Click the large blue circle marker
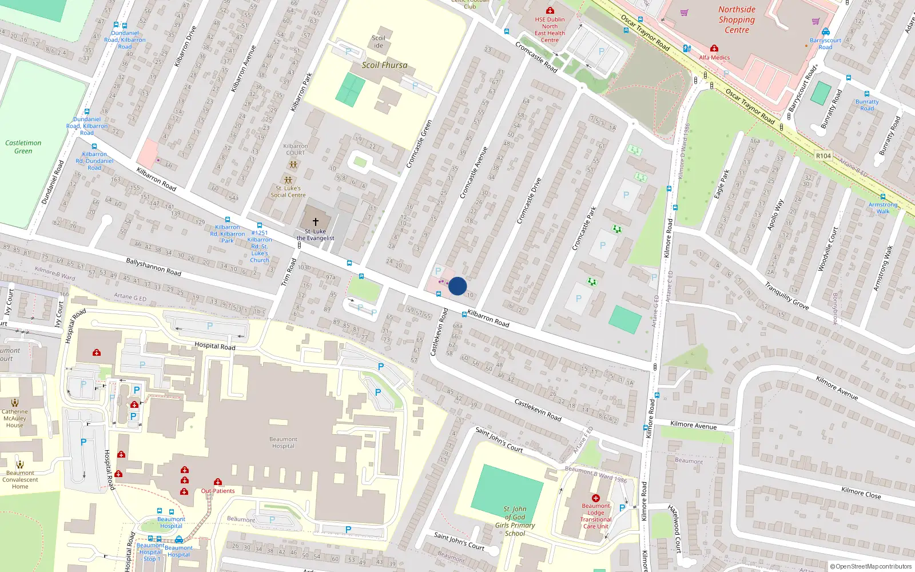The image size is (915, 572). click(457, 286)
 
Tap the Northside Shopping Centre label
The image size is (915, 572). click(737, 20)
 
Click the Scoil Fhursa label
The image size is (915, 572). click(384, 65)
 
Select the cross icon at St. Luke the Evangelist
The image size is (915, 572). click(315, 221)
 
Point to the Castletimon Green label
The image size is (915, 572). click(23, 147)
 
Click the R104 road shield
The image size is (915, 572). click(823, 156)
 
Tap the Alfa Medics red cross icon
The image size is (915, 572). click(714, 49)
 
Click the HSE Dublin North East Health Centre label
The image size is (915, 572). click(550, 30)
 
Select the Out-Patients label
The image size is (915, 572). click(217, 491)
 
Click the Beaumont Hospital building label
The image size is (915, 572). click(283, 443)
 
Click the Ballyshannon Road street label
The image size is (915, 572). click(153, 267)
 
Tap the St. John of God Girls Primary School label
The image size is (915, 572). click(515, 521)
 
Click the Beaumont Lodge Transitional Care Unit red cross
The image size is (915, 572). click(595, 498)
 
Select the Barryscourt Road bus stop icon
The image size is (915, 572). click(825, 32)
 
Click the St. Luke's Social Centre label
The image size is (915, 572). click(288, 192)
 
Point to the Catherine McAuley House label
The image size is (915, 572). click(15, 418)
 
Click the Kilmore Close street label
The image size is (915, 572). click(861, 492)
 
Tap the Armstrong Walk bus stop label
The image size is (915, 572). click(882, 208)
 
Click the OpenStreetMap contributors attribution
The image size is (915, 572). click(870, 566)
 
